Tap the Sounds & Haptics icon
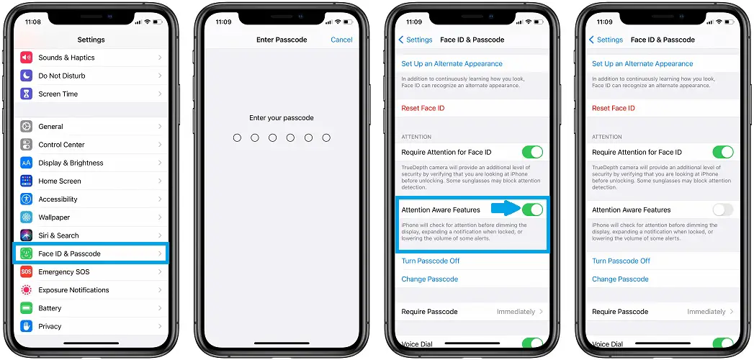26,58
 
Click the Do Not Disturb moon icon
26,76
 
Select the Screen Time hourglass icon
26,94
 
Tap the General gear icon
26,127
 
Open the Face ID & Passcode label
69,253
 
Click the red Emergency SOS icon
26,272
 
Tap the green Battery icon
26,308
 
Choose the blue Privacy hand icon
26,326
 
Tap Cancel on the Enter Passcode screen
341,40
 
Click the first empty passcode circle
237,138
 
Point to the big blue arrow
506,209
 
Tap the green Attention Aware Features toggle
533,210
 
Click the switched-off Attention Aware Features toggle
723,210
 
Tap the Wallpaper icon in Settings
26,217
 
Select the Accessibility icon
26,199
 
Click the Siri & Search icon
26,235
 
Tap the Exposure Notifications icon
26,290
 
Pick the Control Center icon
26,145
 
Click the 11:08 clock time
32,22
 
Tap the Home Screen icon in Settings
26,181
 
